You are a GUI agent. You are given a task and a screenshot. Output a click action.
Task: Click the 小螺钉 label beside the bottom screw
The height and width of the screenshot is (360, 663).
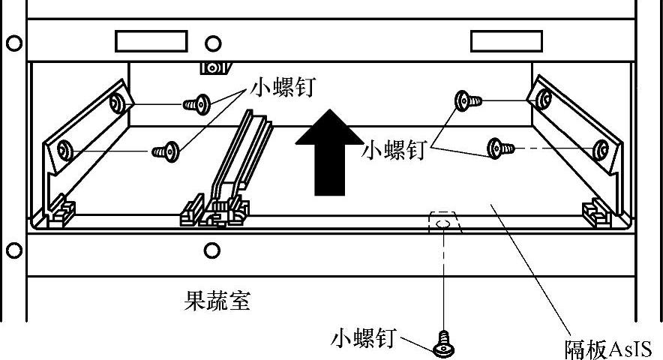363,340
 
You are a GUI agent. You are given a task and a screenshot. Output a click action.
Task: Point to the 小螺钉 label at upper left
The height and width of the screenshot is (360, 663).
283,88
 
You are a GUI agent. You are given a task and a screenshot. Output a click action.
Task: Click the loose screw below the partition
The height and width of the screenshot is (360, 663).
443,344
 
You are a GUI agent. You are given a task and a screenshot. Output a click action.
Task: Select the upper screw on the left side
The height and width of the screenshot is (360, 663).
197,103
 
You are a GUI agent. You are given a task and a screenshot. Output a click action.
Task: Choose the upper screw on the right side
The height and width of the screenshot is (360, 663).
468,99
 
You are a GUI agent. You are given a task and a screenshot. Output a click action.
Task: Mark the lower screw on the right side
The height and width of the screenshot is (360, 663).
499,148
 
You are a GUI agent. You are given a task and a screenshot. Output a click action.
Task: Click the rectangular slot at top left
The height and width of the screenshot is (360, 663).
151,40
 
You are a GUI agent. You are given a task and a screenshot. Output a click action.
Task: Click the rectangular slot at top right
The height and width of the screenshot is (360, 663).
505,40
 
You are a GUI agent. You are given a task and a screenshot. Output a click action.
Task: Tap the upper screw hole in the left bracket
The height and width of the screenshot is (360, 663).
115,102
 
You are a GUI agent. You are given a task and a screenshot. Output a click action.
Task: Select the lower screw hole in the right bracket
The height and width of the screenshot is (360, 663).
600,149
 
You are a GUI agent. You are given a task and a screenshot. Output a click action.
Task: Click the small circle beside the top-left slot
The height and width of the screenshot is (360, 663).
214,42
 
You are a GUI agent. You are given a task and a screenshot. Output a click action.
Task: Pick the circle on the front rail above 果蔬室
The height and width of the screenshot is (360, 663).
212,250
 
